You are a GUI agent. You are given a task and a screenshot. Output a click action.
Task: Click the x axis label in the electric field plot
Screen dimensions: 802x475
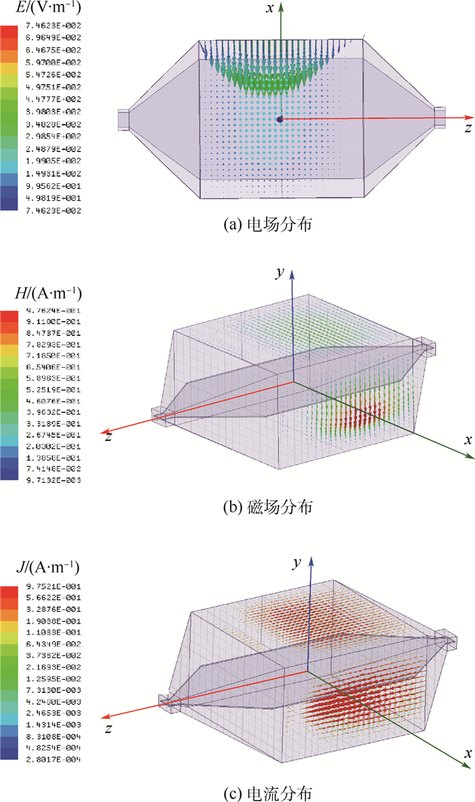pos(269,9)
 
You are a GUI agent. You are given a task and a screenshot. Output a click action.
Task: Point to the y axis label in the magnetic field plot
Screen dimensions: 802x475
pos(279,273)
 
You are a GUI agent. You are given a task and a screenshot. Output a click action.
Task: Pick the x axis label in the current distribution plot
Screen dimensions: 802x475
pos(468,754)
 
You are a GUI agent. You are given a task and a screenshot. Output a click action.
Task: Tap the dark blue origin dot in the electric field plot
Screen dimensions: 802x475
pos(280,119)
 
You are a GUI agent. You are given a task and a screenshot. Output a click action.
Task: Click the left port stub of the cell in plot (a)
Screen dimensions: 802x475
pos(123,119)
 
